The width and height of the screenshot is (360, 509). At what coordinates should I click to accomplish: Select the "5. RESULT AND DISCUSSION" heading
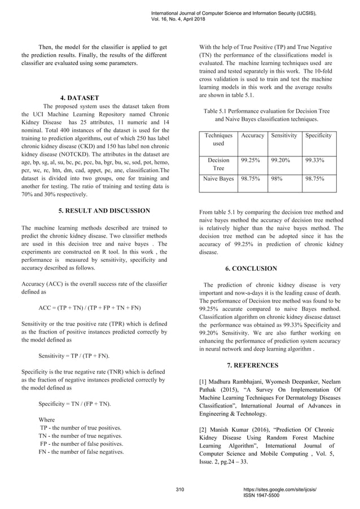[x=104, y=211]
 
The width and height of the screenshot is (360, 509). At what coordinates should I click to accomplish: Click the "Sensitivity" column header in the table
[x=284, y=136]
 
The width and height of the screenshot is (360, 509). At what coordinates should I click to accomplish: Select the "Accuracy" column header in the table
[x=252, y=136]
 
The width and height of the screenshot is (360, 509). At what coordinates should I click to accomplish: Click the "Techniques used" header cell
[x=218, y=140]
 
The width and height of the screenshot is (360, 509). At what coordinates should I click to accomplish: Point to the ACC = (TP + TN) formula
[x=89, y=308]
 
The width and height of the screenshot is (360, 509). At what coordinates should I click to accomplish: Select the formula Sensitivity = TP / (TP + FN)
[x=74, y=357]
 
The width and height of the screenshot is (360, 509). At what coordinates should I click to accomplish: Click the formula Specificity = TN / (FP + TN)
[x=74, y=405]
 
